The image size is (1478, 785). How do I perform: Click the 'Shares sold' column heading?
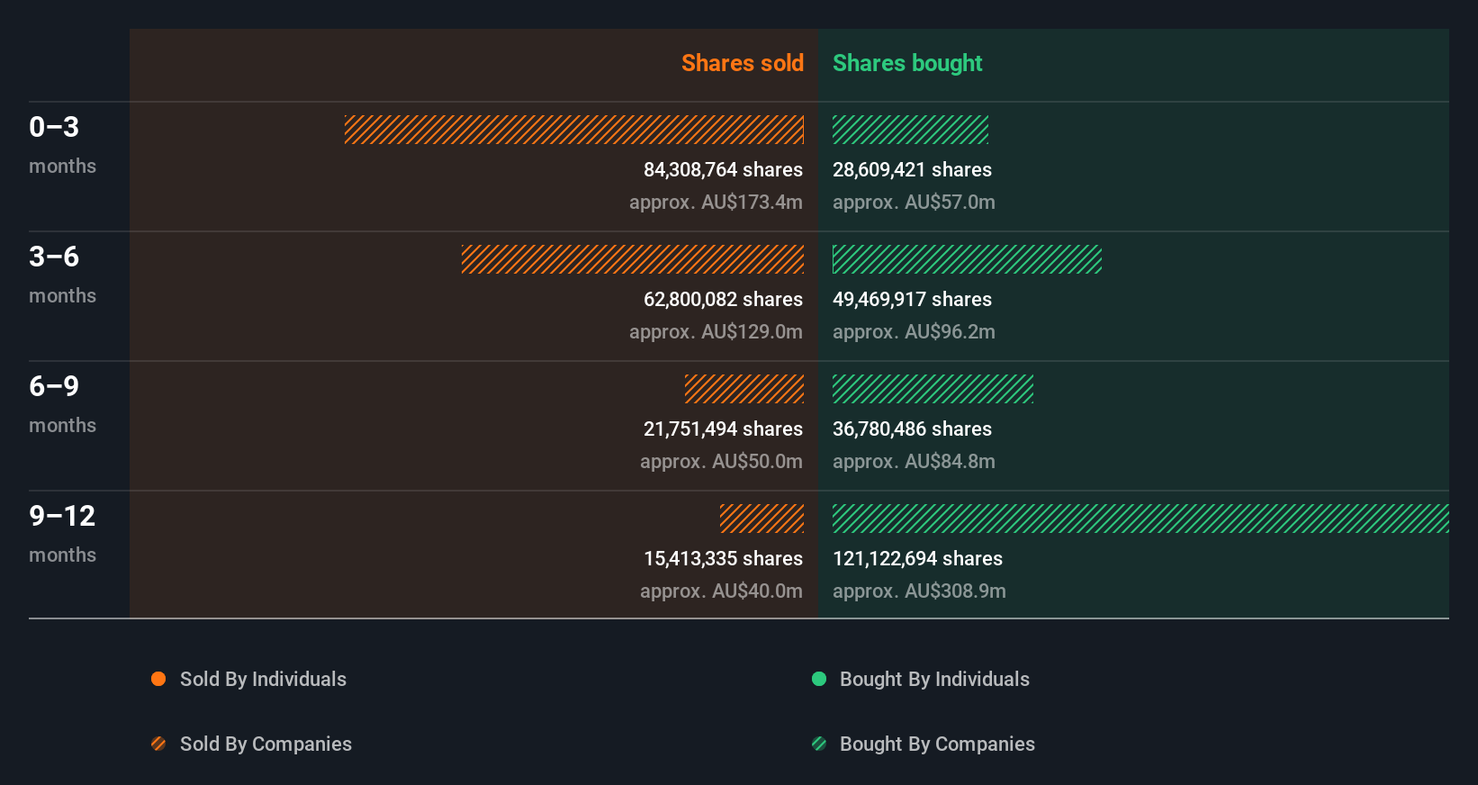pos(742,63)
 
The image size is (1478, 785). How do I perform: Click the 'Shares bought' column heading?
pos(906,63)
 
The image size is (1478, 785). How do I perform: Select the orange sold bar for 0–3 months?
pos(574,130)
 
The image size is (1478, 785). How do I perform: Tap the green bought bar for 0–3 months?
pos(910,130)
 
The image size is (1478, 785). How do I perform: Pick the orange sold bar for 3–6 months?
pos(633,259)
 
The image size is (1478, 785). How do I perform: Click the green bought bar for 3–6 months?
pos(967,259)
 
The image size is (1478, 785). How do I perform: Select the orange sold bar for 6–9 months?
pos(744,389)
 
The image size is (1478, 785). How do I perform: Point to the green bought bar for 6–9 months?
pos(933,389)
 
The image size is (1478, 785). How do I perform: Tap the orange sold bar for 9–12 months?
pos(762,519)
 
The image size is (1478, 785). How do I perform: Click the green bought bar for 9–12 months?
pos(1140,519)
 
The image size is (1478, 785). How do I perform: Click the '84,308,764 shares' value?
pos(723,170)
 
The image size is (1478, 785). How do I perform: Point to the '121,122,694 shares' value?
pos(917,559)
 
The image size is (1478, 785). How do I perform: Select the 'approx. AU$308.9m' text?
pos(919,591)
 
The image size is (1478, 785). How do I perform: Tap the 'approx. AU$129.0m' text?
pos(716,332)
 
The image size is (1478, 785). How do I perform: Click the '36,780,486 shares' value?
pos(912,429)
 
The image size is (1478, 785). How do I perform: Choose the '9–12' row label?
pos(62,516)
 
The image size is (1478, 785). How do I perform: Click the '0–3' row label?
pos(54,127)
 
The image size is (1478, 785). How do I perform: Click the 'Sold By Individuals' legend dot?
pos(158,679)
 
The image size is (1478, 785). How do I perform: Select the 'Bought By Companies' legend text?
pos(937,744)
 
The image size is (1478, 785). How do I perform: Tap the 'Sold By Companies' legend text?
pos(266,744)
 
